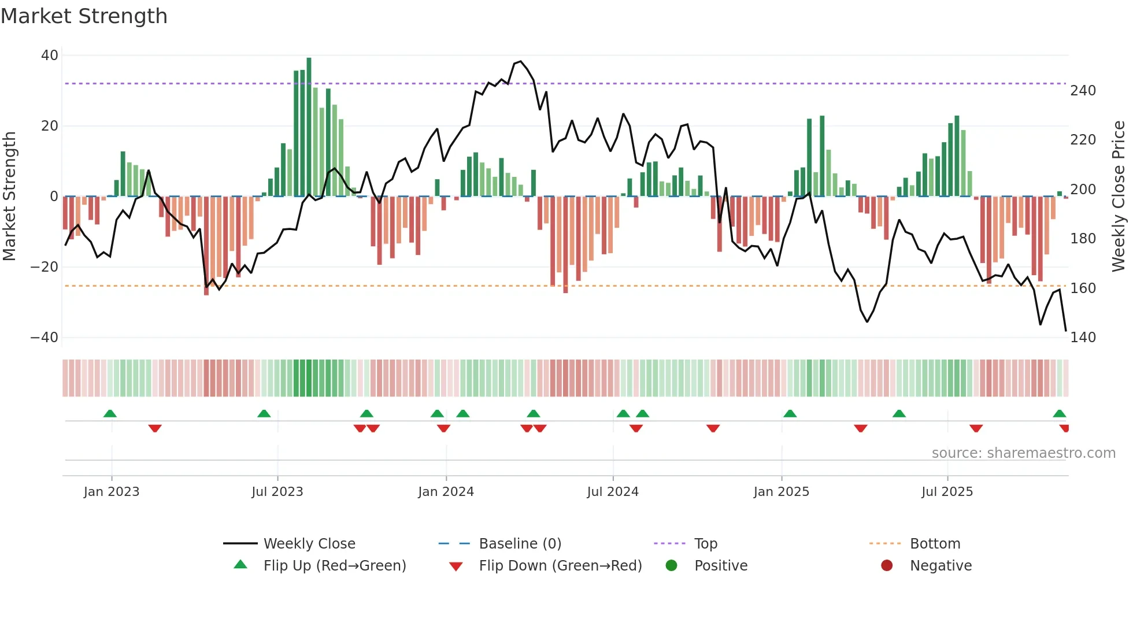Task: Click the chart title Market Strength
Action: point(84,16)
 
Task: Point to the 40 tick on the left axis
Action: point(50,55)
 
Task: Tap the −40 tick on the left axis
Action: point(45,338)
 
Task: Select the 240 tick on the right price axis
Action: point(1083,91)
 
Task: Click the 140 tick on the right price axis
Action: point(1083,338)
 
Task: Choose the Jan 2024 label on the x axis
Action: point(446,492)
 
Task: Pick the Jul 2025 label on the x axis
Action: point(947,492)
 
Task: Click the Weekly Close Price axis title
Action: point(1119,197)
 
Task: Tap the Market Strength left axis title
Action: point(9,197)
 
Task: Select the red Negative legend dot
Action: point(887,566)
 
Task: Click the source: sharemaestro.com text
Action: point(1023,453)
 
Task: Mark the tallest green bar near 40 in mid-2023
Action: point(309,127)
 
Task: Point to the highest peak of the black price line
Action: point(520,61)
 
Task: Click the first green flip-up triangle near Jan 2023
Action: point(110,413)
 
